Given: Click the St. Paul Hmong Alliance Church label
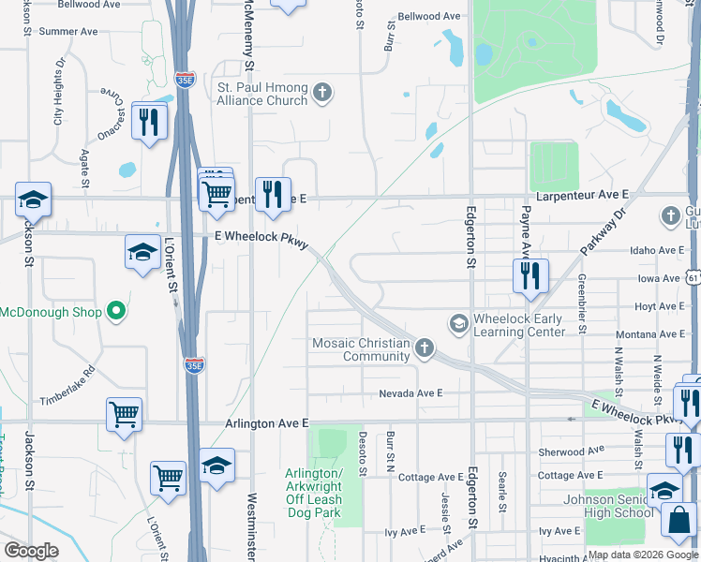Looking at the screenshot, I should (x=262, y=94).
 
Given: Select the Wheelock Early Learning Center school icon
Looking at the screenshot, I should (x=458, y=324).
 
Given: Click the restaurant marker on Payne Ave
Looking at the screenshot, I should (x=530, y=275).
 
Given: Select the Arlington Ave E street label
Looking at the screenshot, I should (x=266, y=424).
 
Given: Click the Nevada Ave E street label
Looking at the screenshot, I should (x=410, y=394).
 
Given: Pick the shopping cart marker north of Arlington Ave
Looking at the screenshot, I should (x=124, y=414).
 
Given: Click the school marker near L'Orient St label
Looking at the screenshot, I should (x=142, y=251).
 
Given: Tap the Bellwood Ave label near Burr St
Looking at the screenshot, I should (x=429, y=17).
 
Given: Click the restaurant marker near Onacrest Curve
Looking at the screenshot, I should (x=149, y=121).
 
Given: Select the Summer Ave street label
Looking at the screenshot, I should (x=68, y=31).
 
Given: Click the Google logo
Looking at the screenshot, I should (x=32, y=551).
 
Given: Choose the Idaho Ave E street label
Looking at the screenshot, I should (x=656, y=251).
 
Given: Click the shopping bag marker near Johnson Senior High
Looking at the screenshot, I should (x=679, y=519).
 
